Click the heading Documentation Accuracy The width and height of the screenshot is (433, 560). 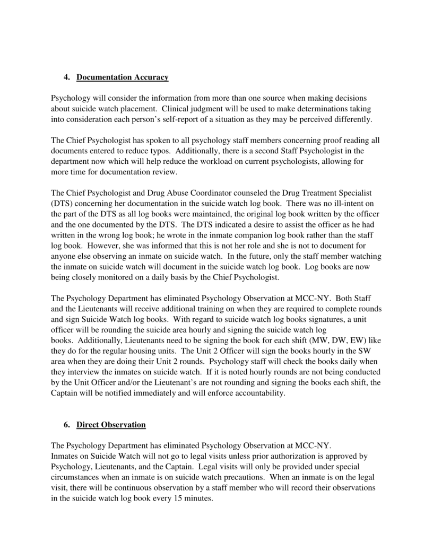(123, 78)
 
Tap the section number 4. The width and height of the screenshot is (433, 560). (67, 78)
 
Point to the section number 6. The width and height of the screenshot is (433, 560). (67, 425)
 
